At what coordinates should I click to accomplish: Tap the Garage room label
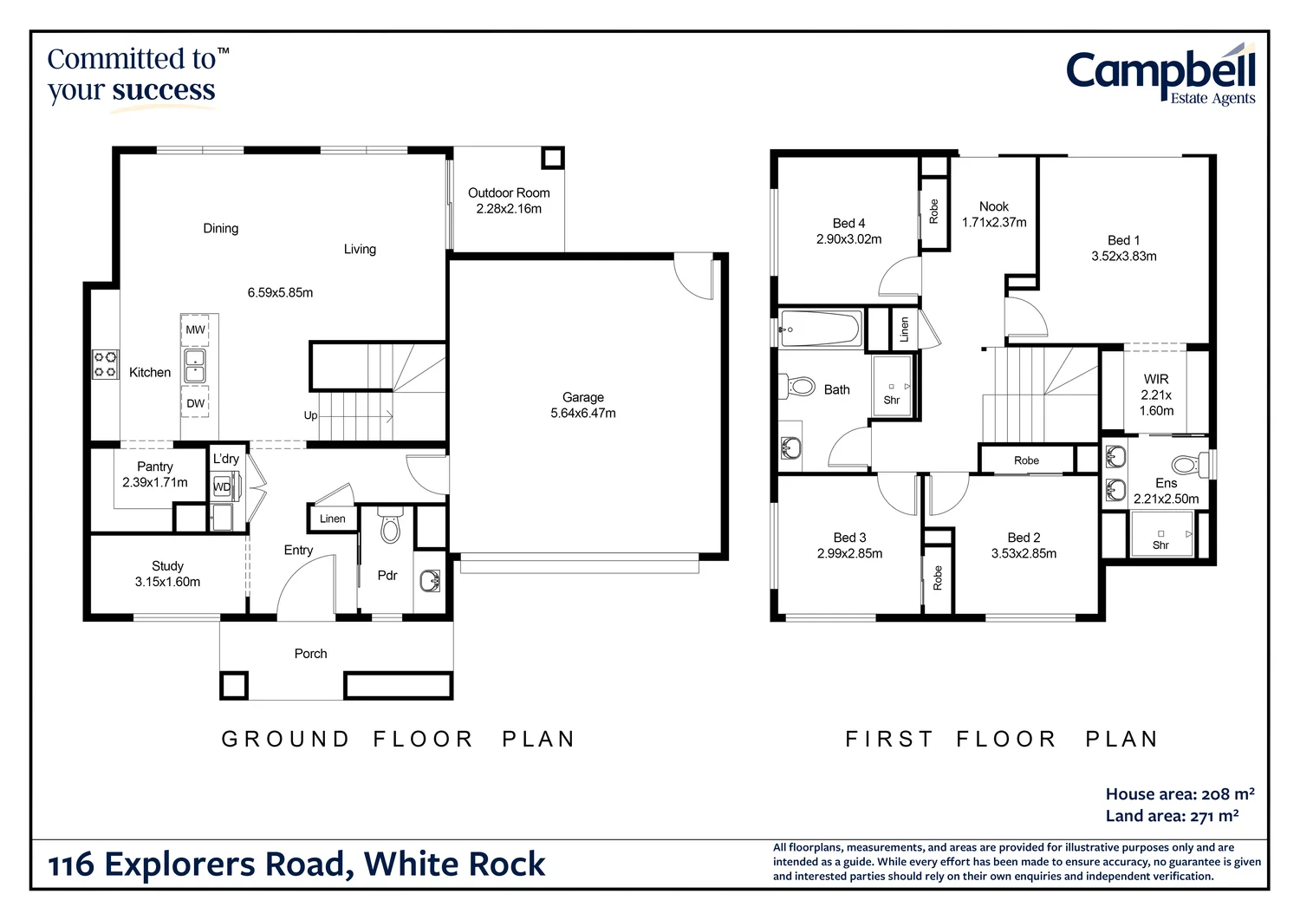tap(582, 397)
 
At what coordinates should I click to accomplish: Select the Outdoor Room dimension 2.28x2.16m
tap(509, 209)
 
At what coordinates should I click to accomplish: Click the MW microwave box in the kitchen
tap(196, 330)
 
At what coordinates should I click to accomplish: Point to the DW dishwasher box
tap(196, 403)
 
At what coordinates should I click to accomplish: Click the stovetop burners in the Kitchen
tap(106, 364)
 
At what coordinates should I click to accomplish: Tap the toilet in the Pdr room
tap(391, 525)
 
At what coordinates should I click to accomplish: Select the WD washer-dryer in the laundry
tap(223, 486)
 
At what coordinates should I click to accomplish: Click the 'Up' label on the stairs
tap(310, 415)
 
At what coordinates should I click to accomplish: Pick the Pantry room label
tap(155, 467)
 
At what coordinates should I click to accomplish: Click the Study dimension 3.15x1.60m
tap(167, 582)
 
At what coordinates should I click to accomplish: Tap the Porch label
tap(310, 654)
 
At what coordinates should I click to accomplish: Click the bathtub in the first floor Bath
tap(820, 330)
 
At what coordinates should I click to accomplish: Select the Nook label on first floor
tap(994, 206)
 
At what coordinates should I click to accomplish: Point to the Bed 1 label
tap(1123, 240)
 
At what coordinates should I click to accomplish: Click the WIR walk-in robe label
tap(1156, 379)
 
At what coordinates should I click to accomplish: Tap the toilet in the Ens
tap(1189, 465)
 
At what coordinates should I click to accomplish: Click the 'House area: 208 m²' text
tap(1180, 794)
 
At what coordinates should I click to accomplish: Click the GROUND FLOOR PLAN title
tap(399, 739)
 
